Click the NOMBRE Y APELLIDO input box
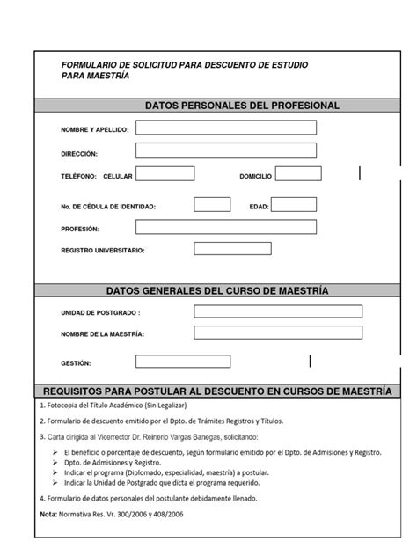click(x=226, y=128)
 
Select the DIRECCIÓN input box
click(x=226, y=152)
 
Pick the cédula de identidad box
click(x=212, y=205)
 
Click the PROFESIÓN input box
click(x=226, y=227)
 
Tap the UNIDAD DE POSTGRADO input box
click(x=277, y=311)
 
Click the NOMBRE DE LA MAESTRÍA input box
click(x=277, y=333)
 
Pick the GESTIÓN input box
click(x=183, y=362)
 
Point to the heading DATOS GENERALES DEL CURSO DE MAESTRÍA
click(x=216, y=289)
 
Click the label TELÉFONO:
click(x=77, y=177)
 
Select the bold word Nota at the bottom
click(x=50, y=514)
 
